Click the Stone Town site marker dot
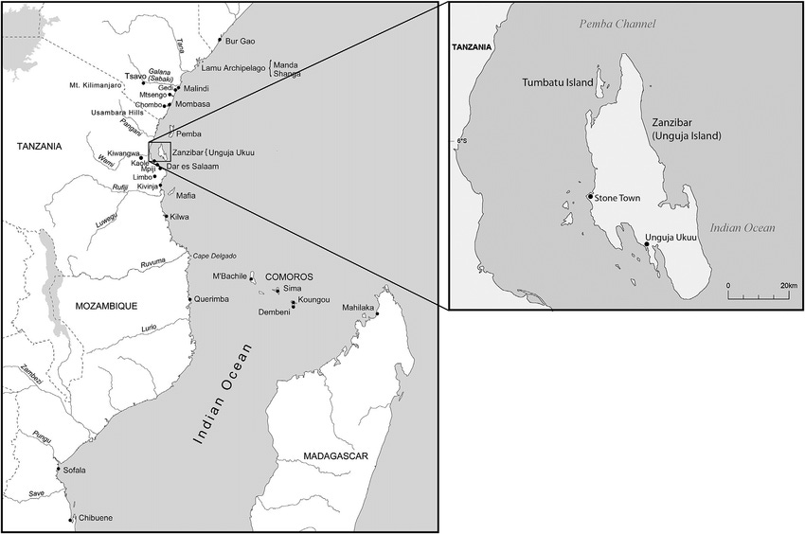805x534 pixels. pos(590,197)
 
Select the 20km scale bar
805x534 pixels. pos(762,294)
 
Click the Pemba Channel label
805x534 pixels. pos(617,25)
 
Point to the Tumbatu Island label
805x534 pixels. pos(558,83)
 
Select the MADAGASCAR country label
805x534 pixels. pos(335,457)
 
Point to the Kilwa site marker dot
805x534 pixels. pos(167,217)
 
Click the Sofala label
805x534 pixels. pos(77,470)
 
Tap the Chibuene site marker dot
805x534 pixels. pos(71,518)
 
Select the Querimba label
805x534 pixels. pos(214,299)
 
